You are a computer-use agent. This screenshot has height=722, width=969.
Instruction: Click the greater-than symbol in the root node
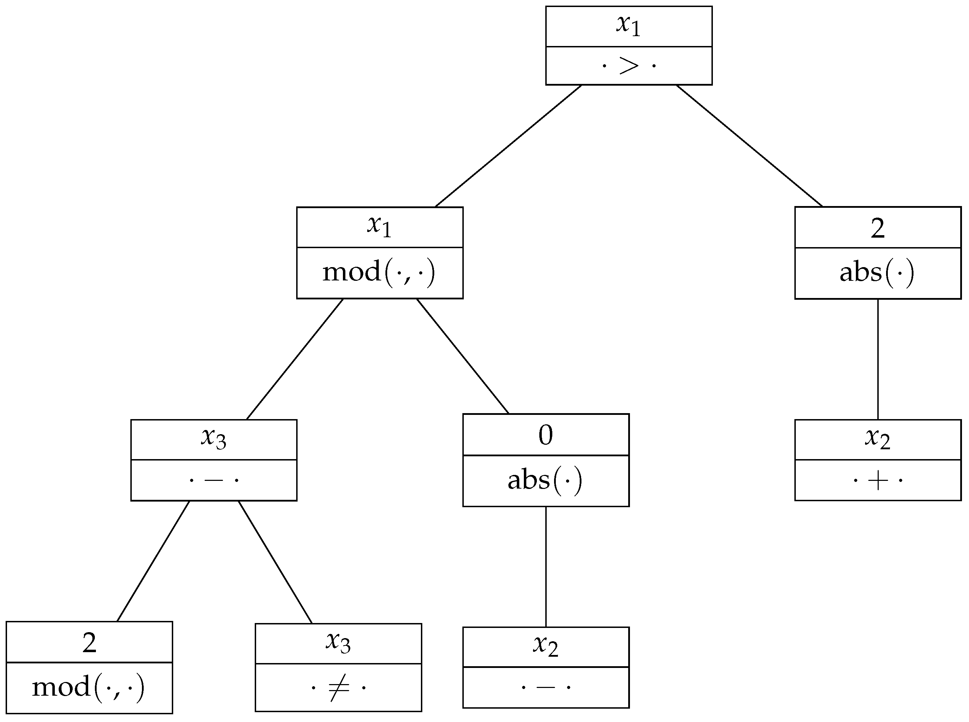[629, 66]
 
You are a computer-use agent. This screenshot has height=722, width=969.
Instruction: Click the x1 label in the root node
[629, 25]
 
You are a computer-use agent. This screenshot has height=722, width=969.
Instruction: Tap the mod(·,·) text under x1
[379, 272]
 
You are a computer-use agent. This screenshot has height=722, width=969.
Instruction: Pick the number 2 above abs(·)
[878, 228]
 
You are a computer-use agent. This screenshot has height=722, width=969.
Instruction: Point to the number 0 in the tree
[546, 435]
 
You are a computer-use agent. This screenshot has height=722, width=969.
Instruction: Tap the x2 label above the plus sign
[878, 438]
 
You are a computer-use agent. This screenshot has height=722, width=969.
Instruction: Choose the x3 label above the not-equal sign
[338, 642]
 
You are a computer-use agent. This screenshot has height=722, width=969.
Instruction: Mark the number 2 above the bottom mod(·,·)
[89, 642]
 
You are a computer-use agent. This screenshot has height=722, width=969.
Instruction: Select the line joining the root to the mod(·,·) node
[508, 146]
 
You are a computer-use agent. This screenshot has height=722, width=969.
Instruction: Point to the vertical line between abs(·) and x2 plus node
[878, 359]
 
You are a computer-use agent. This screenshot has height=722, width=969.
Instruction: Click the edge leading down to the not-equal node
[275, 562]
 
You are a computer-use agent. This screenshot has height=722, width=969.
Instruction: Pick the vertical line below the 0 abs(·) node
[546, 567]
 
